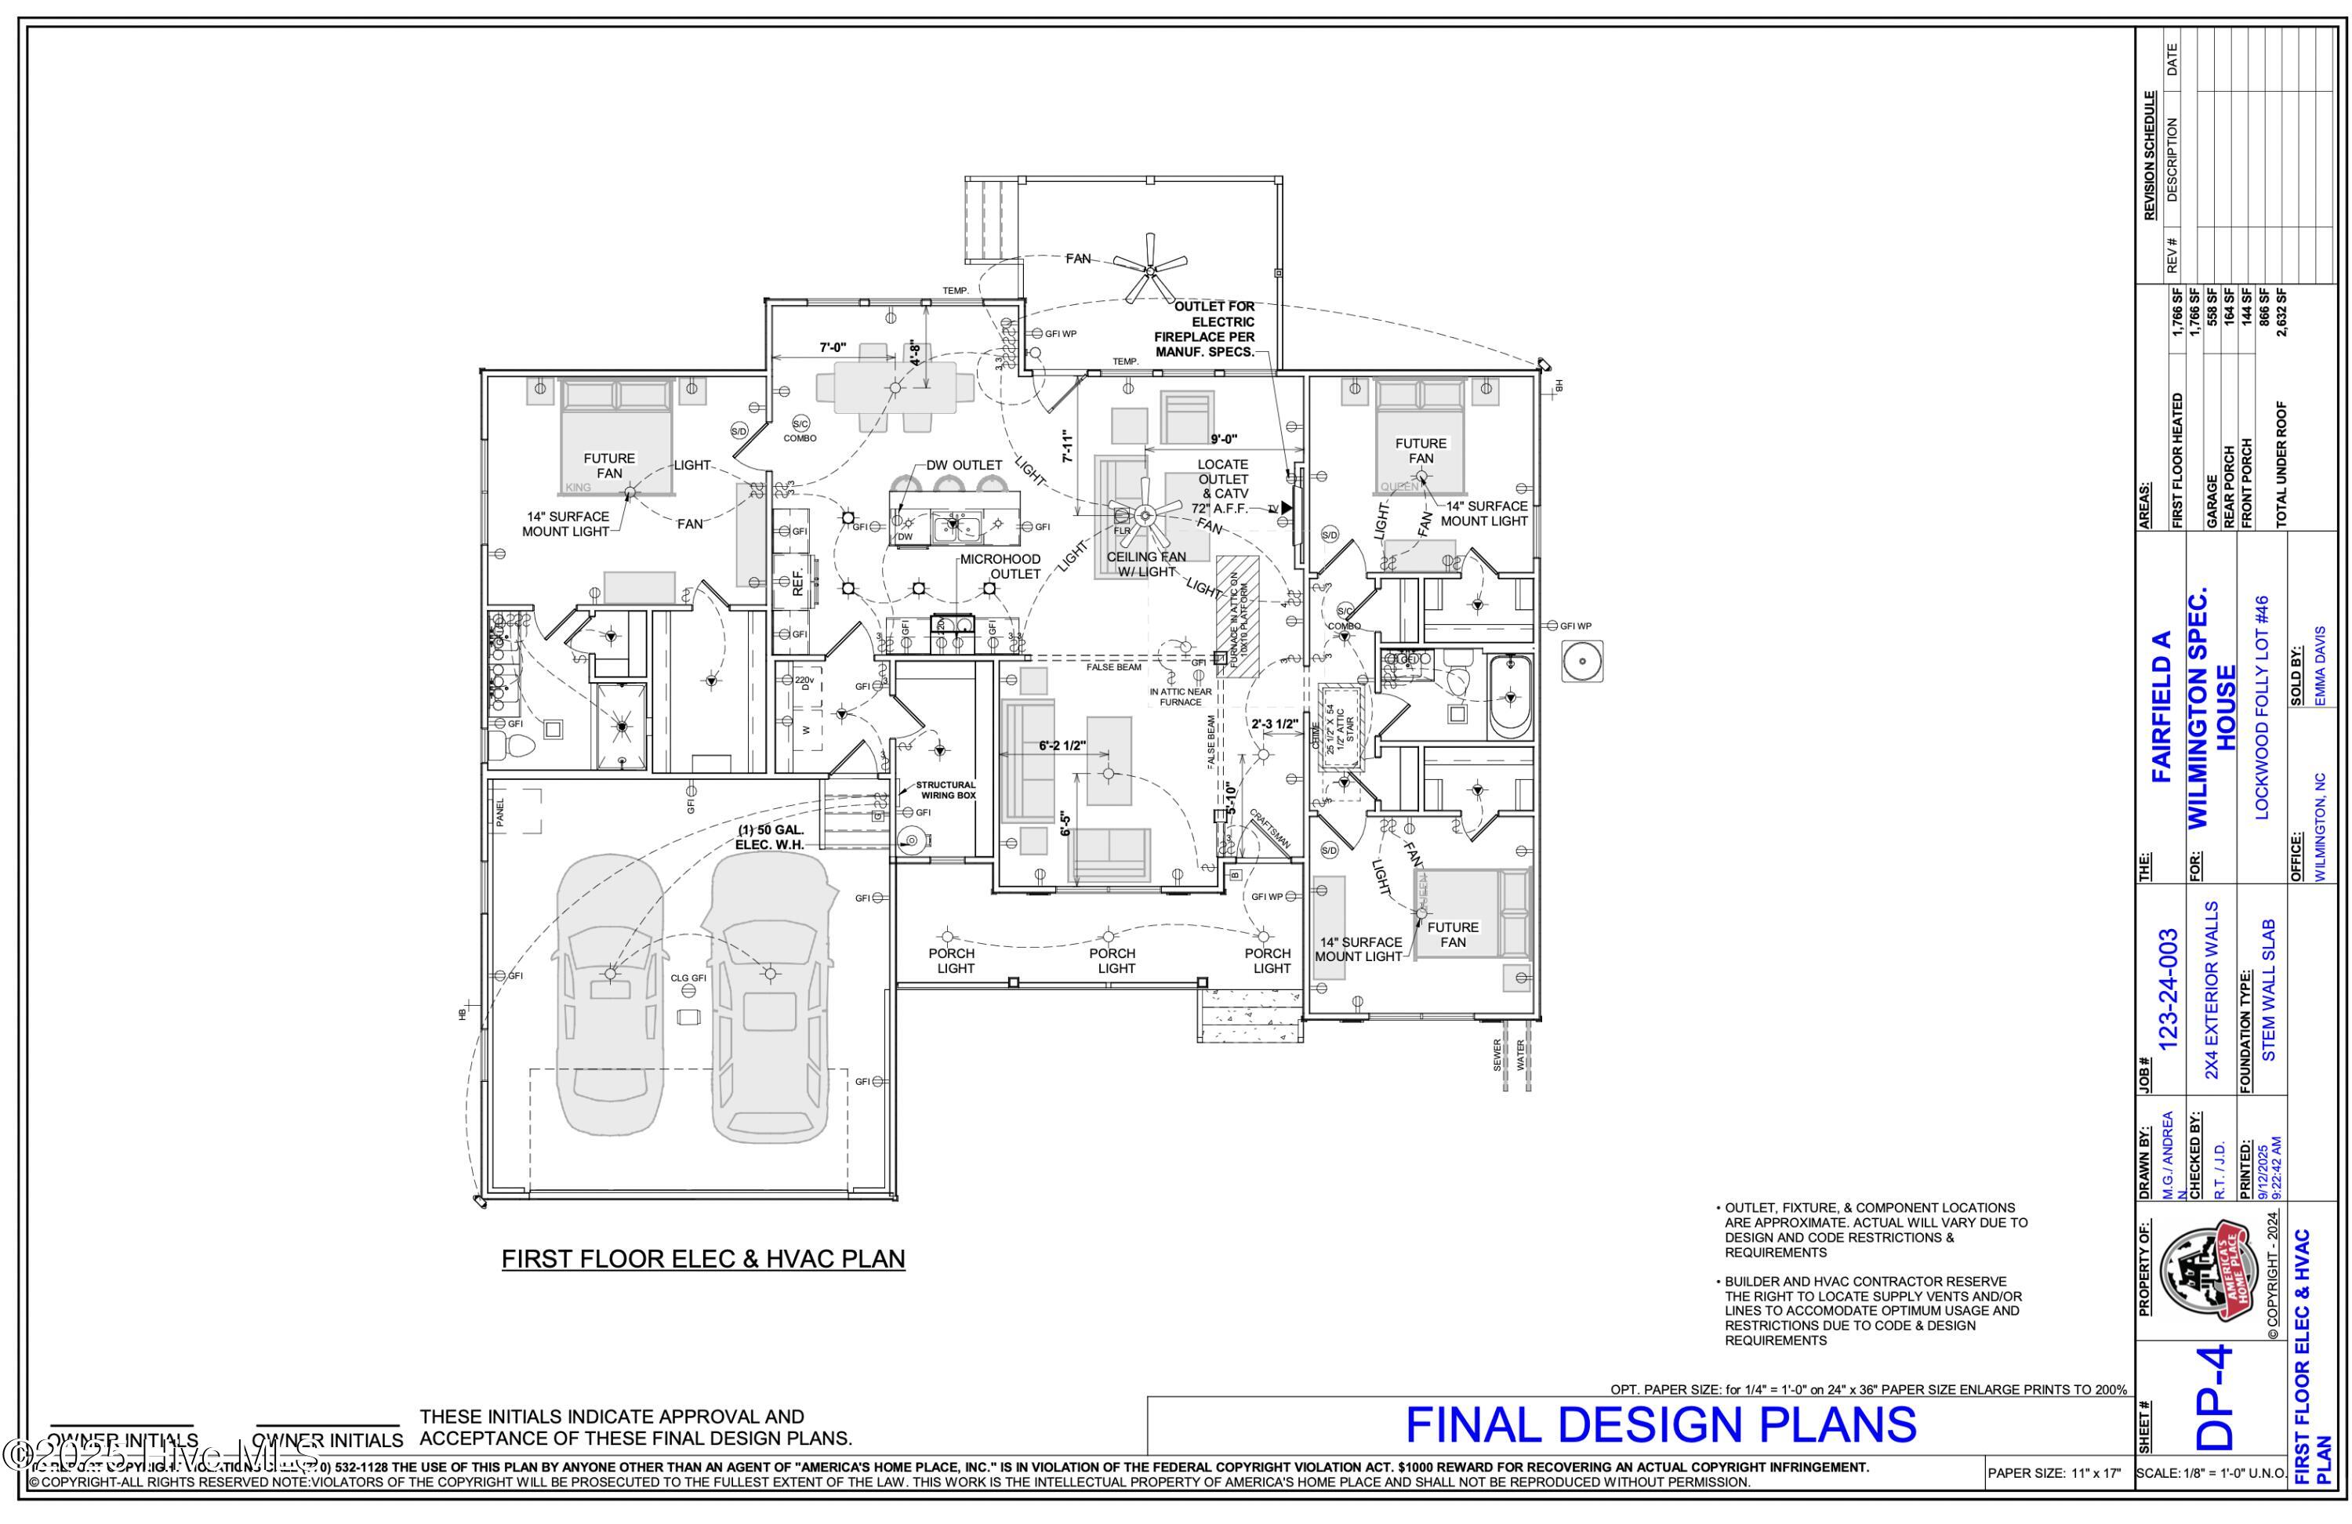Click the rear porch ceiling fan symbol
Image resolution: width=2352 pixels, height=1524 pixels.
pyautogui.click(x=1149, y=267)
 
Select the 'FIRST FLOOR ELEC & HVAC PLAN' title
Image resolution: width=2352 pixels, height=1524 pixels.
pyautogui.click(x=702, y=1259)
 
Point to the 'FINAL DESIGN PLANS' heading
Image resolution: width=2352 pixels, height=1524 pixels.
pyautogui.click(x=1661, y=1425)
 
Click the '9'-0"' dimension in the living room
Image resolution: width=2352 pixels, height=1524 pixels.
pyautogui.click(x=1224, y=439)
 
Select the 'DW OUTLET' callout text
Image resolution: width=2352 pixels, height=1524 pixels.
pyautogui.click(x=964, y=465)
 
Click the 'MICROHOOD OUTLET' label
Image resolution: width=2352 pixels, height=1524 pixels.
pyautogui.click(x=1000, y=566)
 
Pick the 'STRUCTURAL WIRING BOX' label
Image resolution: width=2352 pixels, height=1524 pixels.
pyautogui.click(x=946, y=789)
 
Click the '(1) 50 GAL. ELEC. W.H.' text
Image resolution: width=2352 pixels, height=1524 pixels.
pyautogui.click(x=770, y=837)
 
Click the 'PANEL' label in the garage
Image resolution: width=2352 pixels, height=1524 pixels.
pyautogui.click(x=500, y=812)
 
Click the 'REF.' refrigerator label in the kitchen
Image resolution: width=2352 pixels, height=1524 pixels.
pyautogui.click(x=798, y=580)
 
